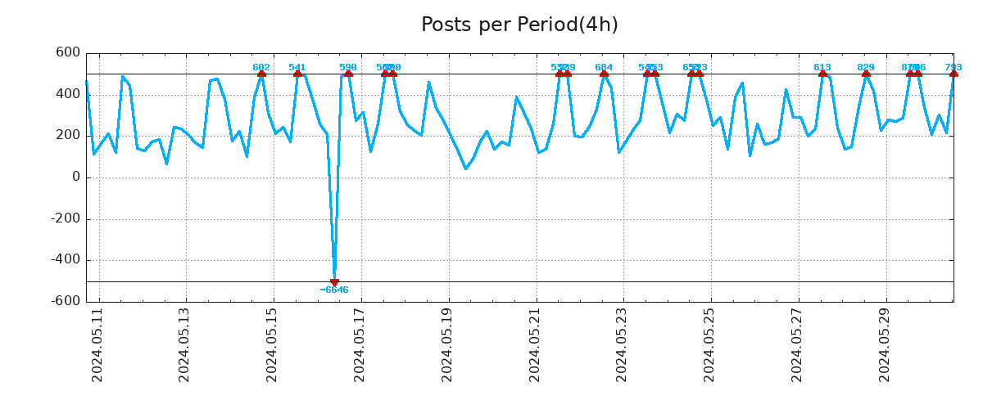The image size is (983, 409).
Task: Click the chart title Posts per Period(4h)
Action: [519, 25]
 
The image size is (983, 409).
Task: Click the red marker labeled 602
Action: [261, 74]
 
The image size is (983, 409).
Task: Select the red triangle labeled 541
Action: [297, 74]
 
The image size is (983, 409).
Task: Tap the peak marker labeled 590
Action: [348, 74]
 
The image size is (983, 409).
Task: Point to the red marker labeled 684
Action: [604, 74]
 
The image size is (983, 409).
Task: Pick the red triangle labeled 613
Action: [822, 74]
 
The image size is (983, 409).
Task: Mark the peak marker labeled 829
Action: [866, 74]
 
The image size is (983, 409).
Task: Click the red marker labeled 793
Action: [954, 74]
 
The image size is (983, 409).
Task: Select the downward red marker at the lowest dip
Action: [334, 282]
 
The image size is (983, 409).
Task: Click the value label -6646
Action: [334, 290]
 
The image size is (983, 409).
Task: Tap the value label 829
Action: [866, 67]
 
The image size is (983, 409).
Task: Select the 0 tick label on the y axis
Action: [76, 178]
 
